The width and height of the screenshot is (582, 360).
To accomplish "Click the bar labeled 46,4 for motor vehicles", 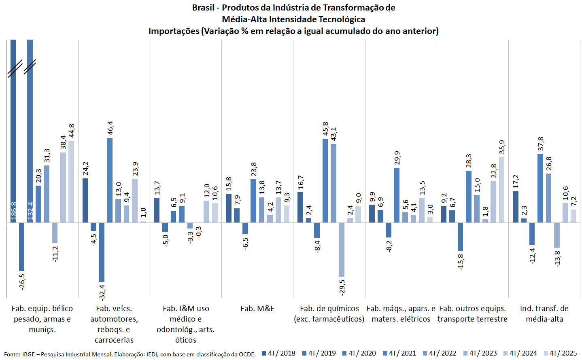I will [x=110, y=180].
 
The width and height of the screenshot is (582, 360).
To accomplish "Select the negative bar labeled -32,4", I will [x=102, y=252].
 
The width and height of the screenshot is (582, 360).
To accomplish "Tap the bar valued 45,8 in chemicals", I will [x=325, y=180].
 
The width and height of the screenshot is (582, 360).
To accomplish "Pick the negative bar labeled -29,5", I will [x=342, y=249].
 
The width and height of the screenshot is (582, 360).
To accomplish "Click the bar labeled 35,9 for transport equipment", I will [x=501, y=189].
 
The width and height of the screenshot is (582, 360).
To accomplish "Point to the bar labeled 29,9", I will [x=397, y=195].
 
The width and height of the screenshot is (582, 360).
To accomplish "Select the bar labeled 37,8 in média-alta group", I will [x=540, y=188].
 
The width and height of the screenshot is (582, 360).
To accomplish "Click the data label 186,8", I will [x=14, y=212].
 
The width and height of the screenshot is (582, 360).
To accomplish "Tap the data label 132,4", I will [x=30, y=212].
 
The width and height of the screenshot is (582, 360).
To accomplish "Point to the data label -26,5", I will [x=22, y=282].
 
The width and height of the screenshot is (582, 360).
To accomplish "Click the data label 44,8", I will [x=72, y=131].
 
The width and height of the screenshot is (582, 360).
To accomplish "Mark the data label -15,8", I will [x=460, y=262].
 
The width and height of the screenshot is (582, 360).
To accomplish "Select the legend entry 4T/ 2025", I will [x=563, y=353].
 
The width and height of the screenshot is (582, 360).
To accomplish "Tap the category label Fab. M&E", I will [x=257, y=309].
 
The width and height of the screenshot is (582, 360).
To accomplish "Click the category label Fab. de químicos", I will [x=329, y=309].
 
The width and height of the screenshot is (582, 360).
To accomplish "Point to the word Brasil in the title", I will [x=203, y=8].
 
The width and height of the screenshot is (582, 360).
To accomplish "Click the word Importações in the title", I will [x=174, y=31].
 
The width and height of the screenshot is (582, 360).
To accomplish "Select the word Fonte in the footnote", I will [x=12, y=354].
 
